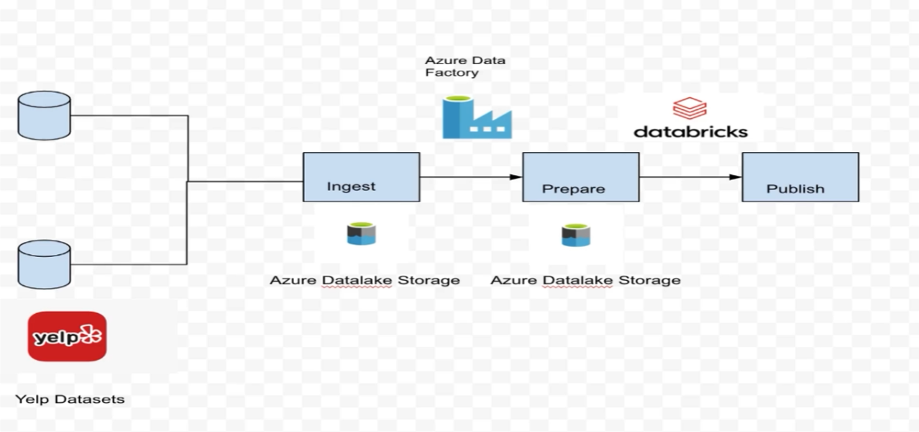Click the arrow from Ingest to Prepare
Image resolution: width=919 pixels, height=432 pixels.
click(x=471, y=176)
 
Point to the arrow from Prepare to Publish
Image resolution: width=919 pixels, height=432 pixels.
click(x=690, y=176)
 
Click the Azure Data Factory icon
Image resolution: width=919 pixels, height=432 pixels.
click(x=476, y=117)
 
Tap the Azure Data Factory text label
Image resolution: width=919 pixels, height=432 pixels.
click(x=465, y=66)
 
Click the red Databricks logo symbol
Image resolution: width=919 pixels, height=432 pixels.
click(x=690, y=108)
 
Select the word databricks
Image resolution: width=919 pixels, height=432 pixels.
click(x=690, y=132)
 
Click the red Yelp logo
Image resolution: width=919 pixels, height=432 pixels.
click(x=67, y=336)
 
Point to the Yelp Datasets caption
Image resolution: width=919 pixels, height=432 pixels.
click(x=70, y=399)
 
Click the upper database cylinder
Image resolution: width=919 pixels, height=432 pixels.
click(x=44, y=115)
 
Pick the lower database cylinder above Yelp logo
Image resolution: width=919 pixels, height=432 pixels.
click(x=44, y=264)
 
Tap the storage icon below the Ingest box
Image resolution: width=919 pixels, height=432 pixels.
click(x=362, y=234)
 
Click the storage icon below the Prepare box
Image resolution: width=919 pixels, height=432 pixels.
click(x=576, y=235)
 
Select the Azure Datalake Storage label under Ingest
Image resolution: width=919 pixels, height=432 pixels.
click(x=365, y=280)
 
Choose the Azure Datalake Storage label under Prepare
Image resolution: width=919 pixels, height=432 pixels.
click(x=585, y=280)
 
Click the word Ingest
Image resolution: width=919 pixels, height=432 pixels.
click(x=351, y=186)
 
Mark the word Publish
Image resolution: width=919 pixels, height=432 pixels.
click(x=795, y=189)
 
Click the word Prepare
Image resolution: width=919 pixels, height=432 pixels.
click(x=573, y=189)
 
